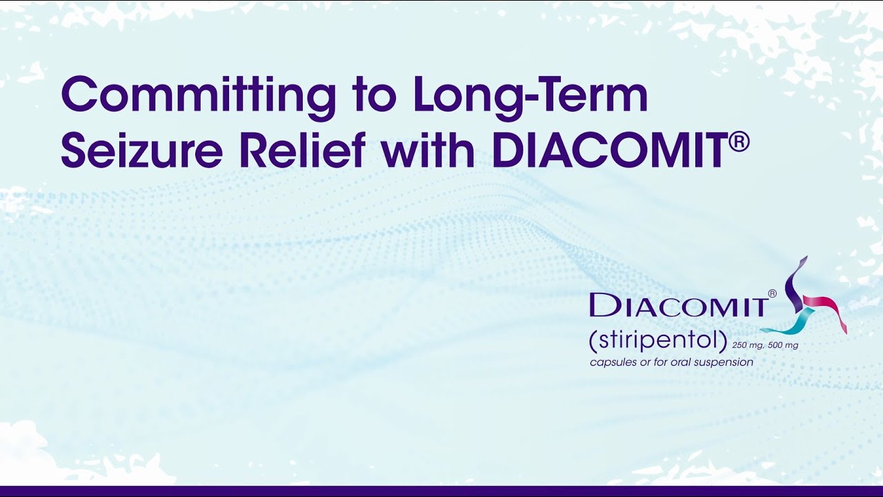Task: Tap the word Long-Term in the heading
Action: (530, 96)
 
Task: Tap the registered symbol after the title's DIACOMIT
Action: (739, 142)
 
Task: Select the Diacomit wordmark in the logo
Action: (679, 305)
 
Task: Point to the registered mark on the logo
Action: (772, 293)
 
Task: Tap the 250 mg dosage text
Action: (748, 345)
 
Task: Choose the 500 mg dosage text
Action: (783, 345)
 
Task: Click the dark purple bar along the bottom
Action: (441, 491)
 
